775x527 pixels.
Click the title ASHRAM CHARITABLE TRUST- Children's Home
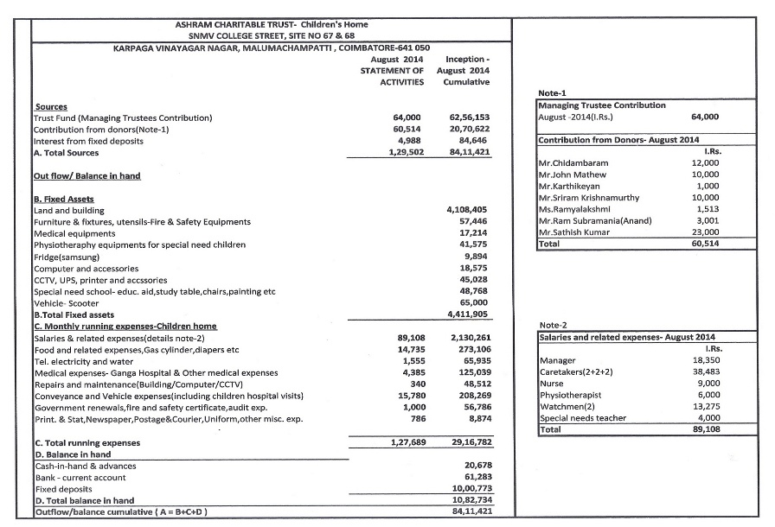click(272, 25)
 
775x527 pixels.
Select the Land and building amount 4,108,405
click(466, 210)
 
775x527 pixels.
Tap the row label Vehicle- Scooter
click(65, 304)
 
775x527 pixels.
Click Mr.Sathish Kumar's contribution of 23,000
click(707, 233)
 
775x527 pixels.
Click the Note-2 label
click(554, 326)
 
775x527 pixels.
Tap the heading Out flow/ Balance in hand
click(86, 176)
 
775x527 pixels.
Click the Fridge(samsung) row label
click(67, 257)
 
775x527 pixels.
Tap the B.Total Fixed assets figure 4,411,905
click(466, 315)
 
